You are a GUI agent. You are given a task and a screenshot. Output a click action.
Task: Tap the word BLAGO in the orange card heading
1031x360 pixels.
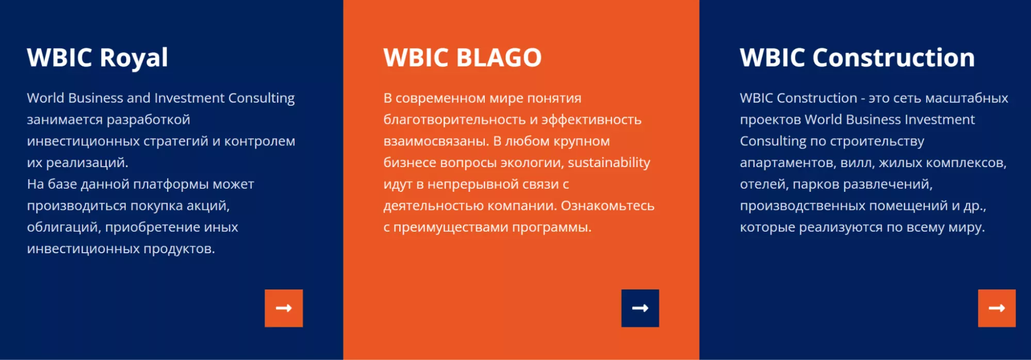(x=499, y=57)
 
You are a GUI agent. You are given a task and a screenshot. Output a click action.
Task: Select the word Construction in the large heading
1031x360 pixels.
(x=894, y=57)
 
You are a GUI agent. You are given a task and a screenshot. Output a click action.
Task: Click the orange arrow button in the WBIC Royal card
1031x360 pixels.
(x=284, y=308)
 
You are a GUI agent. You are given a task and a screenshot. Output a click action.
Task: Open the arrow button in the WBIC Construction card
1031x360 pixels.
(x=996, y=308)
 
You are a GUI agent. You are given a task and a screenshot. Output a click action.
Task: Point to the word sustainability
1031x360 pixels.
(x=609, y=162)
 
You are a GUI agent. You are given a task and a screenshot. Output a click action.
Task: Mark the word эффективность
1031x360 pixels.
(x=591, y=120)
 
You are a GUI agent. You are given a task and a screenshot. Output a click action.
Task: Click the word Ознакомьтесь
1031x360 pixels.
(x=608, y=206)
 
